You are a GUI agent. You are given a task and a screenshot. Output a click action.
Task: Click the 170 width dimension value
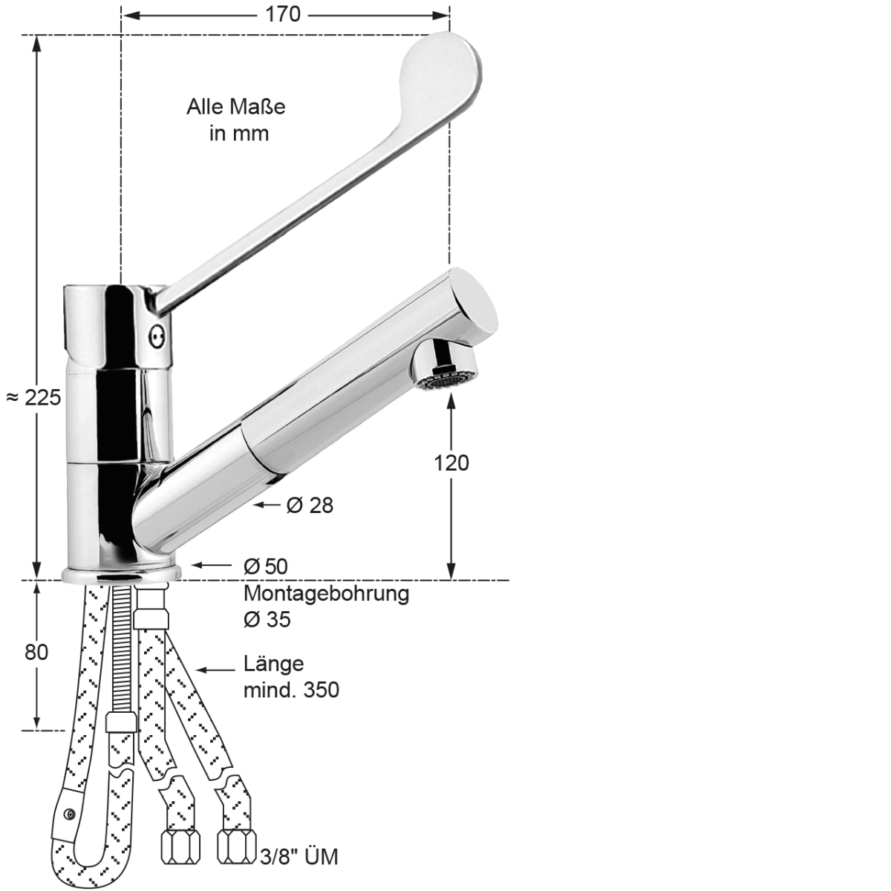[285, 14]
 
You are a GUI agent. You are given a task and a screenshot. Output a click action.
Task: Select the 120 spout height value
[451, 463]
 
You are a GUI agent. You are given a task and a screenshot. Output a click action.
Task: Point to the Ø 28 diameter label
[310, 506]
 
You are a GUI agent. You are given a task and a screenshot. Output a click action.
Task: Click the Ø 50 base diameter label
[266, 566]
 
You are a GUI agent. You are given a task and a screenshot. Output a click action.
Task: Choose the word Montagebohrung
[327, 594]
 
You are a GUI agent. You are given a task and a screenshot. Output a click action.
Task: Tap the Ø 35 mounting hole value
[267, 619]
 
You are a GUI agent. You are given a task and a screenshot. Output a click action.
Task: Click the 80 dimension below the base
[36, 652]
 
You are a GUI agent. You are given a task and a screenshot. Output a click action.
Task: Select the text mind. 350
[292, 690]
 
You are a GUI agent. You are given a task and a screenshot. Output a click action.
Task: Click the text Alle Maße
[235, 107]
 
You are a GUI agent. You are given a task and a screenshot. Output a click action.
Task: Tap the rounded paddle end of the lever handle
[444, 71]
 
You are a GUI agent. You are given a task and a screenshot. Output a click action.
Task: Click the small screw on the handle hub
[156, 336]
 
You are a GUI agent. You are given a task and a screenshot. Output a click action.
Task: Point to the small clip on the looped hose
[68, 815]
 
